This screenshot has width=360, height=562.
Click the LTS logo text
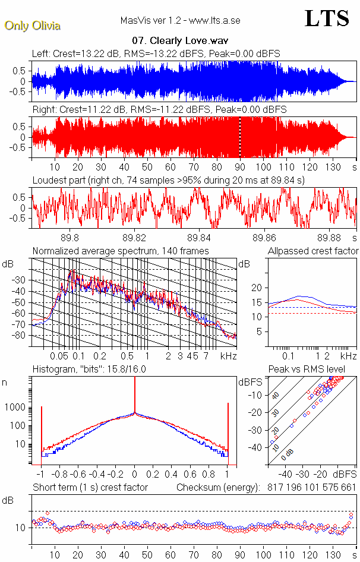pyautogui.click(x=327, y=18)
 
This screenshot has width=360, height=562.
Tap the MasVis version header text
pyautogui.click(x=180, y=20)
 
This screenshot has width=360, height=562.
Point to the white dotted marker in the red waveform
pyautogui.click(x=240, y=137)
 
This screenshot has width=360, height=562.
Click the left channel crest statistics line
pyautogui.click(x=156, y=53)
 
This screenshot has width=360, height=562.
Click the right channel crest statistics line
pyautogui.click(x=159, y=110)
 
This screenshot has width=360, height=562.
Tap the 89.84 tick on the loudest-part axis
pyautogui.click(x=202, y=236)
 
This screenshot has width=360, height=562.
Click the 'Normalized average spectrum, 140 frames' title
pyautogui.click(x=121, y=251)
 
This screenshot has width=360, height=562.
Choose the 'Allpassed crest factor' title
pyautogui.click(x=313, y=251)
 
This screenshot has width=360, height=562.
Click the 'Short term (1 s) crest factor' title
pyautogui.click(x=90, y=487)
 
